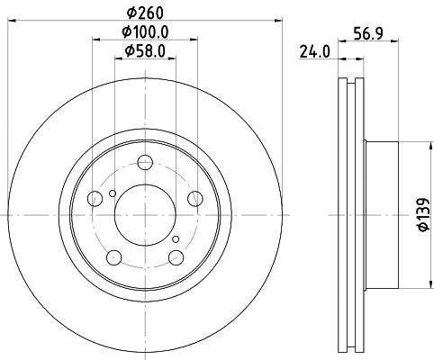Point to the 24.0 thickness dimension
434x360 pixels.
tap(312, 52)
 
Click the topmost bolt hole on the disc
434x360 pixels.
tap(144, 163)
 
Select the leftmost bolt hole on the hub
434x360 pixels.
tap(95, 200)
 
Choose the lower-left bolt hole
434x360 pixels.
tap(113, 258)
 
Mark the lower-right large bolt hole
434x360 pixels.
tap(175, 258)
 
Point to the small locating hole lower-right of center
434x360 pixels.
tap(176, 238)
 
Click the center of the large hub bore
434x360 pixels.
tap(144, 214)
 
